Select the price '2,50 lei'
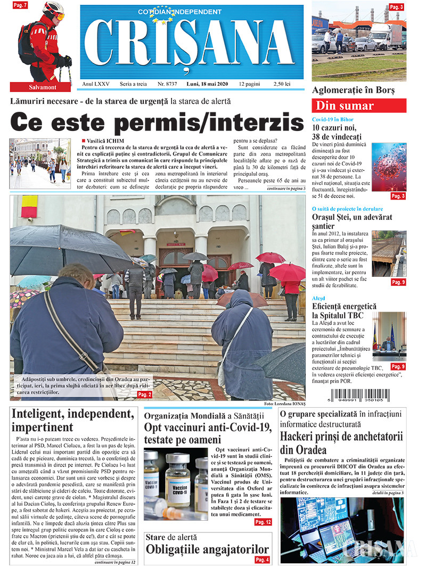[x=282, y=84]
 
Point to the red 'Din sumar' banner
[x=359, y=105]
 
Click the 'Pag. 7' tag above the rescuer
[x=20, y=5]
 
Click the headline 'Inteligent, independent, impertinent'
[x=72, y=420]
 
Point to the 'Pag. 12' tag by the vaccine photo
[x=263, y=522]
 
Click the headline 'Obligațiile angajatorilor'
[x=207, y=549]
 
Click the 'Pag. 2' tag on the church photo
[x=144, y=394]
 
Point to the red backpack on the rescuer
[x=27, y=43]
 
